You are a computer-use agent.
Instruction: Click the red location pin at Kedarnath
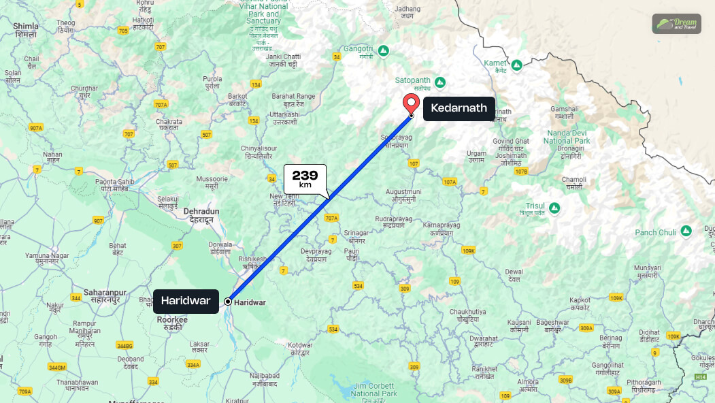(x=411, y=103)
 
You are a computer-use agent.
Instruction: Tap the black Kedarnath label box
(x=459, y=108)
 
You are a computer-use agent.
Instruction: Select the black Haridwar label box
(x=186, y=301)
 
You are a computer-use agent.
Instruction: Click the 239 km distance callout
(x=305, y=179)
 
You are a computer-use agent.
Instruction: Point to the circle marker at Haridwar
(x=227, y=301)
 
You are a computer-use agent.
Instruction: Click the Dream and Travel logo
(x=676, y=24)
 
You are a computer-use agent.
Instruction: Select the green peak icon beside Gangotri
(x=384, y=50)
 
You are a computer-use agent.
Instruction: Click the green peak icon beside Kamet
(x=516, y=65)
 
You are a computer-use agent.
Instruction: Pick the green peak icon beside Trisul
(x=554, y=208)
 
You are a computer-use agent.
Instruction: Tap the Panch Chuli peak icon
(x=686, y=232)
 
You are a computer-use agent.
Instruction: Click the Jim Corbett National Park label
(x=374, y=390)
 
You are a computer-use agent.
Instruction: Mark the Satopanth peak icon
(x=440, y=82)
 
